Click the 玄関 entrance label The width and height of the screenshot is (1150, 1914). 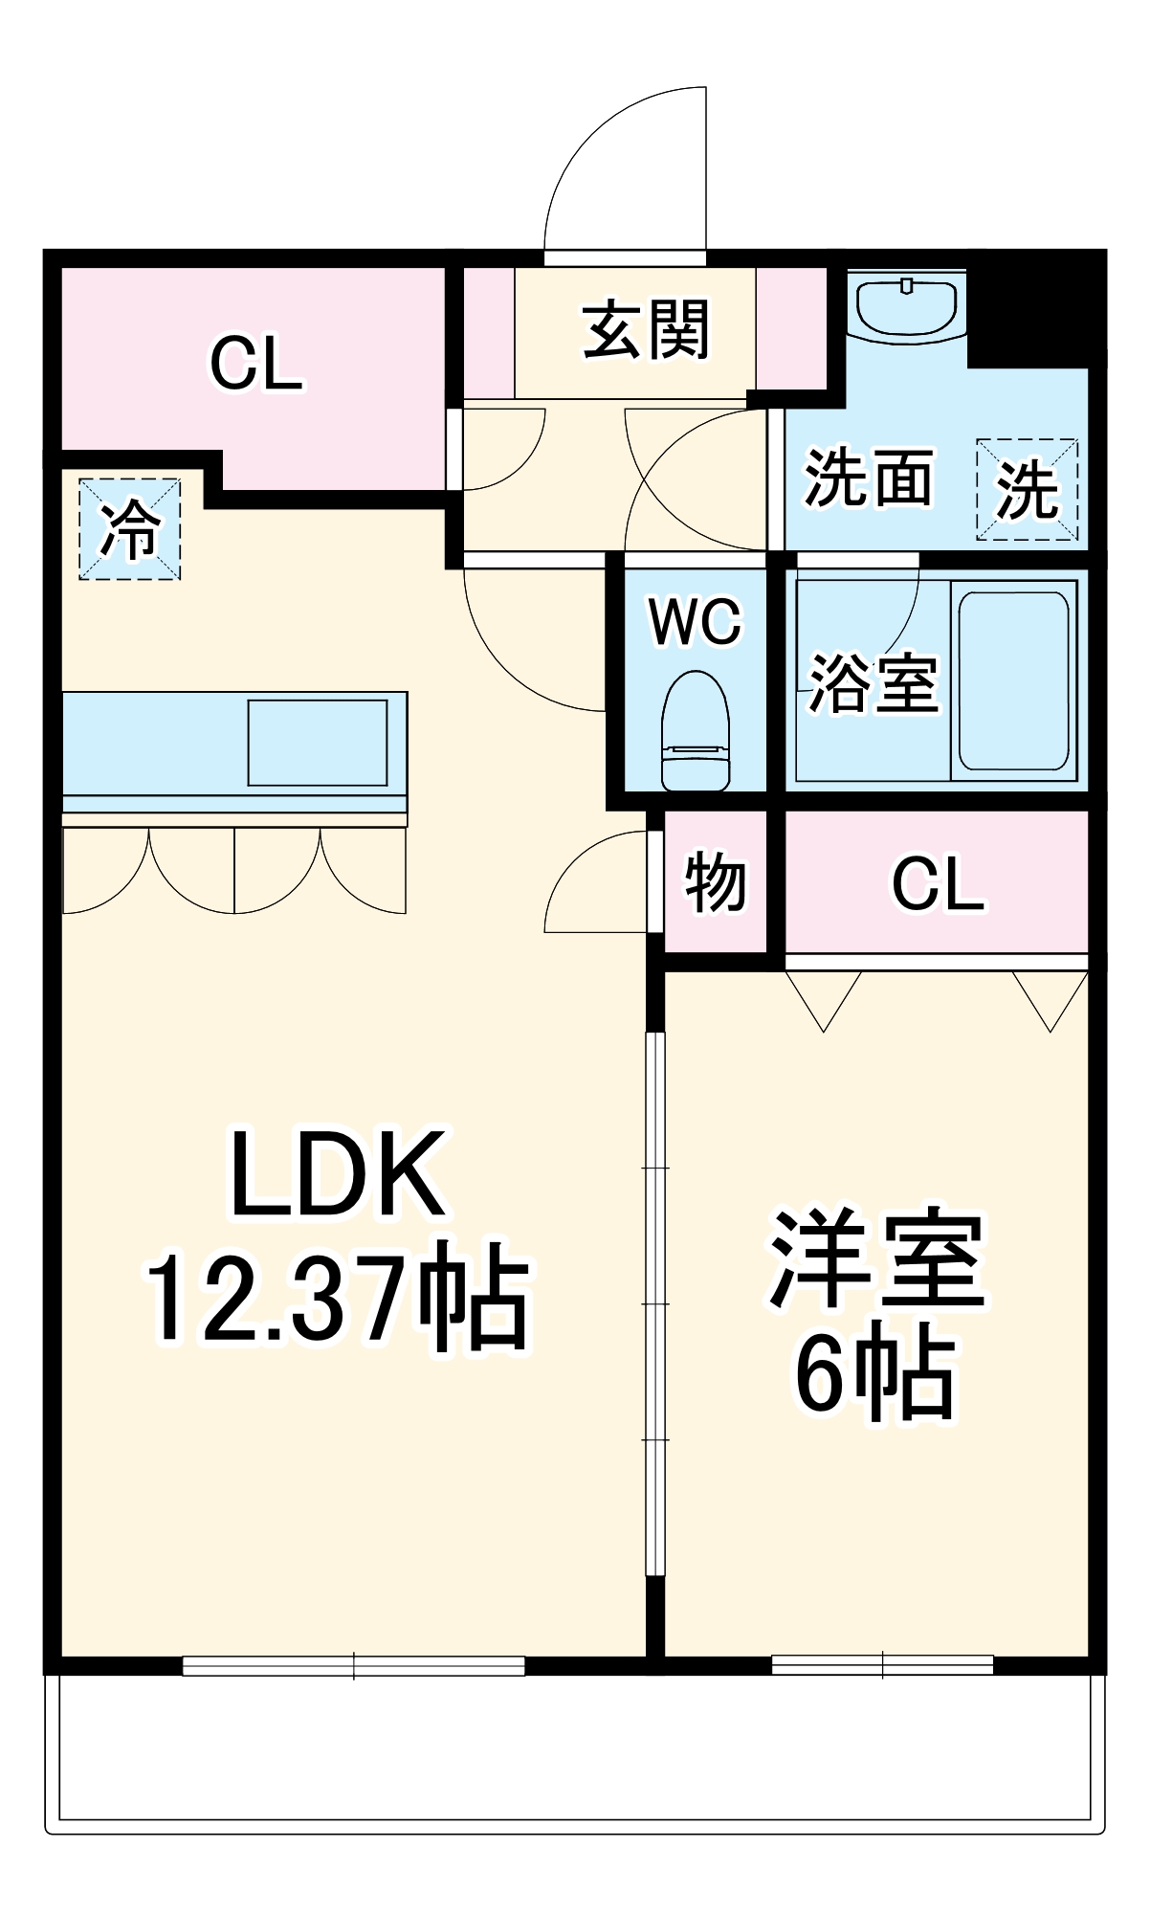point(647,329)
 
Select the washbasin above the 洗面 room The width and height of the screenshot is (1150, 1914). point(906,306)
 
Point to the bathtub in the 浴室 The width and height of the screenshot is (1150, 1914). point(1013,680)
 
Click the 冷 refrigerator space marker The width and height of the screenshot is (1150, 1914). point(130,529)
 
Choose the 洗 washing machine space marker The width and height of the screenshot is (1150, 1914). point(1028,490)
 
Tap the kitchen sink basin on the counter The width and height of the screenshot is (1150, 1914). point(318,743)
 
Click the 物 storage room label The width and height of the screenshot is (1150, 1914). point(715,881)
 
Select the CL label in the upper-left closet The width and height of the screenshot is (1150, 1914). point(255,364)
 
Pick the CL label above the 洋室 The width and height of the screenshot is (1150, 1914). point(938,884)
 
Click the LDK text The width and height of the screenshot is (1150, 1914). point(337,1173)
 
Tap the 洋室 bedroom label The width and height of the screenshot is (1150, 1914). point(876,1260)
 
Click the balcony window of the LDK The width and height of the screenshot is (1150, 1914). point(354,1666)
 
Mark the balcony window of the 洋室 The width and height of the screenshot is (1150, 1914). point(882,1666)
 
